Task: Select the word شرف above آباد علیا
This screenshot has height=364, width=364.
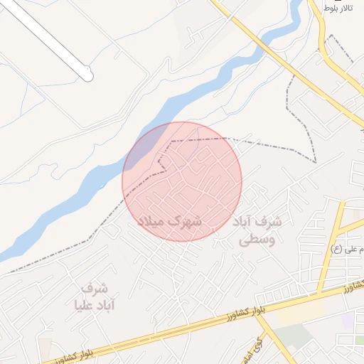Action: pos(94,289)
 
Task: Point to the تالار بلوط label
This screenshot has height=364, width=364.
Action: pos(338,8)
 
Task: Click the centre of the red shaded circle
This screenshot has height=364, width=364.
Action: pos(182,181)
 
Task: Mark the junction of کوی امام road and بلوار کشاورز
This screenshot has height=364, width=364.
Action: pos(257,311)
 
